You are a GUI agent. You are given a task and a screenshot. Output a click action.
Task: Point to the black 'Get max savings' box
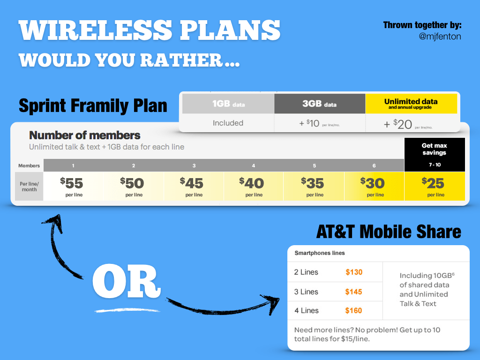click(x=434, y=154)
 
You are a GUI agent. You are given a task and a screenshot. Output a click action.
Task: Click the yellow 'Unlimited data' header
click(x=411, y=104)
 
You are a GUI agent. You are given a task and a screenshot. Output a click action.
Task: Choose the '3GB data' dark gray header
click(x=320, y=104)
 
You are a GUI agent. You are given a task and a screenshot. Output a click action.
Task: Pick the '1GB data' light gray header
click(x=228, y=104)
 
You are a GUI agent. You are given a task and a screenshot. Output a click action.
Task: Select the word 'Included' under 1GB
click(x=228, y=123)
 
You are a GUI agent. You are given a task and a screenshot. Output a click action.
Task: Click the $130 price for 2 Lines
click(x=354, y=272)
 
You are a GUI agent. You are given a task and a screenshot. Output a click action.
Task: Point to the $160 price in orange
click(x=354, y=310)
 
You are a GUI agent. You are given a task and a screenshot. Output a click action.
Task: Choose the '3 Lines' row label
click(x=306, y=292)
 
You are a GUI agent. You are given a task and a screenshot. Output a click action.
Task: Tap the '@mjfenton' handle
click(x=440, y=36)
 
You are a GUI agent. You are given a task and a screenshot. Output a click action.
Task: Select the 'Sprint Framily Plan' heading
click(x=93, y=105)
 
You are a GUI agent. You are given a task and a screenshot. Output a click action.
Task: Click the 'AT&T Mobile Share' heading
click(x=389, y=232)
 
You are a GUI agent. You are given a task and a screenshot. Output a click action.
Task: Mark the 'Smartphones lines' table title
click(x=320, y=253)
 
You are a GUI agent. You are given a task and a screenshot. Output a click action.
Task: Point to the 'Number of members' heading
click(x=85, y=135)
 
